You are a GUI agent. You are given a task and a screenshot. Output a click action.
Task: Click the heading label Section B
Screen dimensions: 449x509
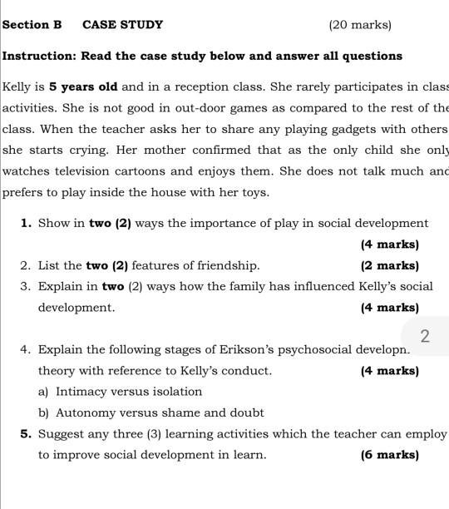(x=32, y=25)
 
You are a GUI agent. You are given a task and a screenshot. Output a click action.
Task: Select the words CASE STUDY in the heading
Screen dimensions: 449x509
(x=123, y=25)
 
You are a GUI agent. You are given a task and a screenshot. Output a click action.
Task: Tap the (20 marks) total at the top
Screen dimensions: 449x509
(x=360, y=25)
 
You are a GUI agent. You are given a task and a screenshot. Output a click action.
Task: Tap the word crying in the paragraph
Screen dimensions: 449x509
(x=85, y=151)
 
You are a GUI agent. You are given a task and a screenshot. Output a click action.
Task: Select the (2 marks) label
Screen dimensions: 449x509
(x=390, y=266)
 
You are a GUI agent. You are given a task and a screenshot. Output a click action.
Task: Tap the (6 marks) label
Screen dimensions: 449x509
(x=390, y=455)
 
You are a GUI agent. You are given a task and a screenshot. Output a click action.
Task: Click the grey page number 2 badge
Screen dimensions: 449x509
(x=425, y=336)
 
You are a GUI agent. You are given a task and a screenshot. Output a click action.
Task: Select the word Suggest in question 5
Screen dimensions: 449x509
(x=62, y=434)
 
